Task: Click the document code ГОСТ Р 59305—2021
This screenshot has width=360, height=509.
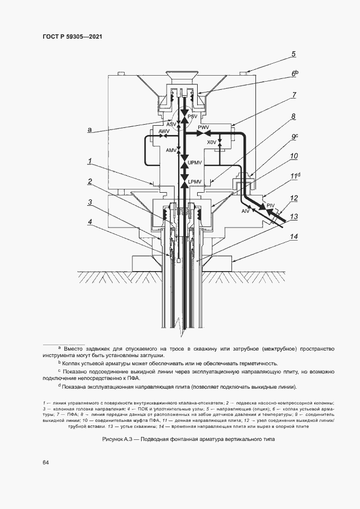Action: click(72, 36)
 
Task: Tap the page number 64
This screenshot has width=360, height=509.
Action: click(46, 462)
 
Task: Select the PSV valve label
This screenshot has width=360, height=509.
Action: click(192, 116)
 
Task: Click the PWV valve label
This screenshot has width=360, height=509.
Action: click(204, 127)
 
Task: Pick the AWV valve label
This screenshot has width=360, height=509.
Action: click(164, 132)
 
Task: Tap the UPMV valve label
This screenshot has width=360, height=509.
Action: click(194, 163)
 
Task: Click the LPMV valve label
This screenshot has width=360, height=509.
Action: click(195, 181)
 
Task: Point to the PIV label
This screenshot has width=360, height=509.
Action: click(271, 204)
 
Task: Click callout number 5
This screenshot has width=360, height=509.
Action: click(293, 54)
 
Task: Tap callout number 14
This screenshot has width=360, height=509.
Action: click(294, 237)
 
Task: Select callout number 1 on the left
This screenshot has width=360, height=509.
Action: click(89, 161)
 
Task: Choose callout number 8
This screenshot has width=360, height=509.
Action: click(293, 116)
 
